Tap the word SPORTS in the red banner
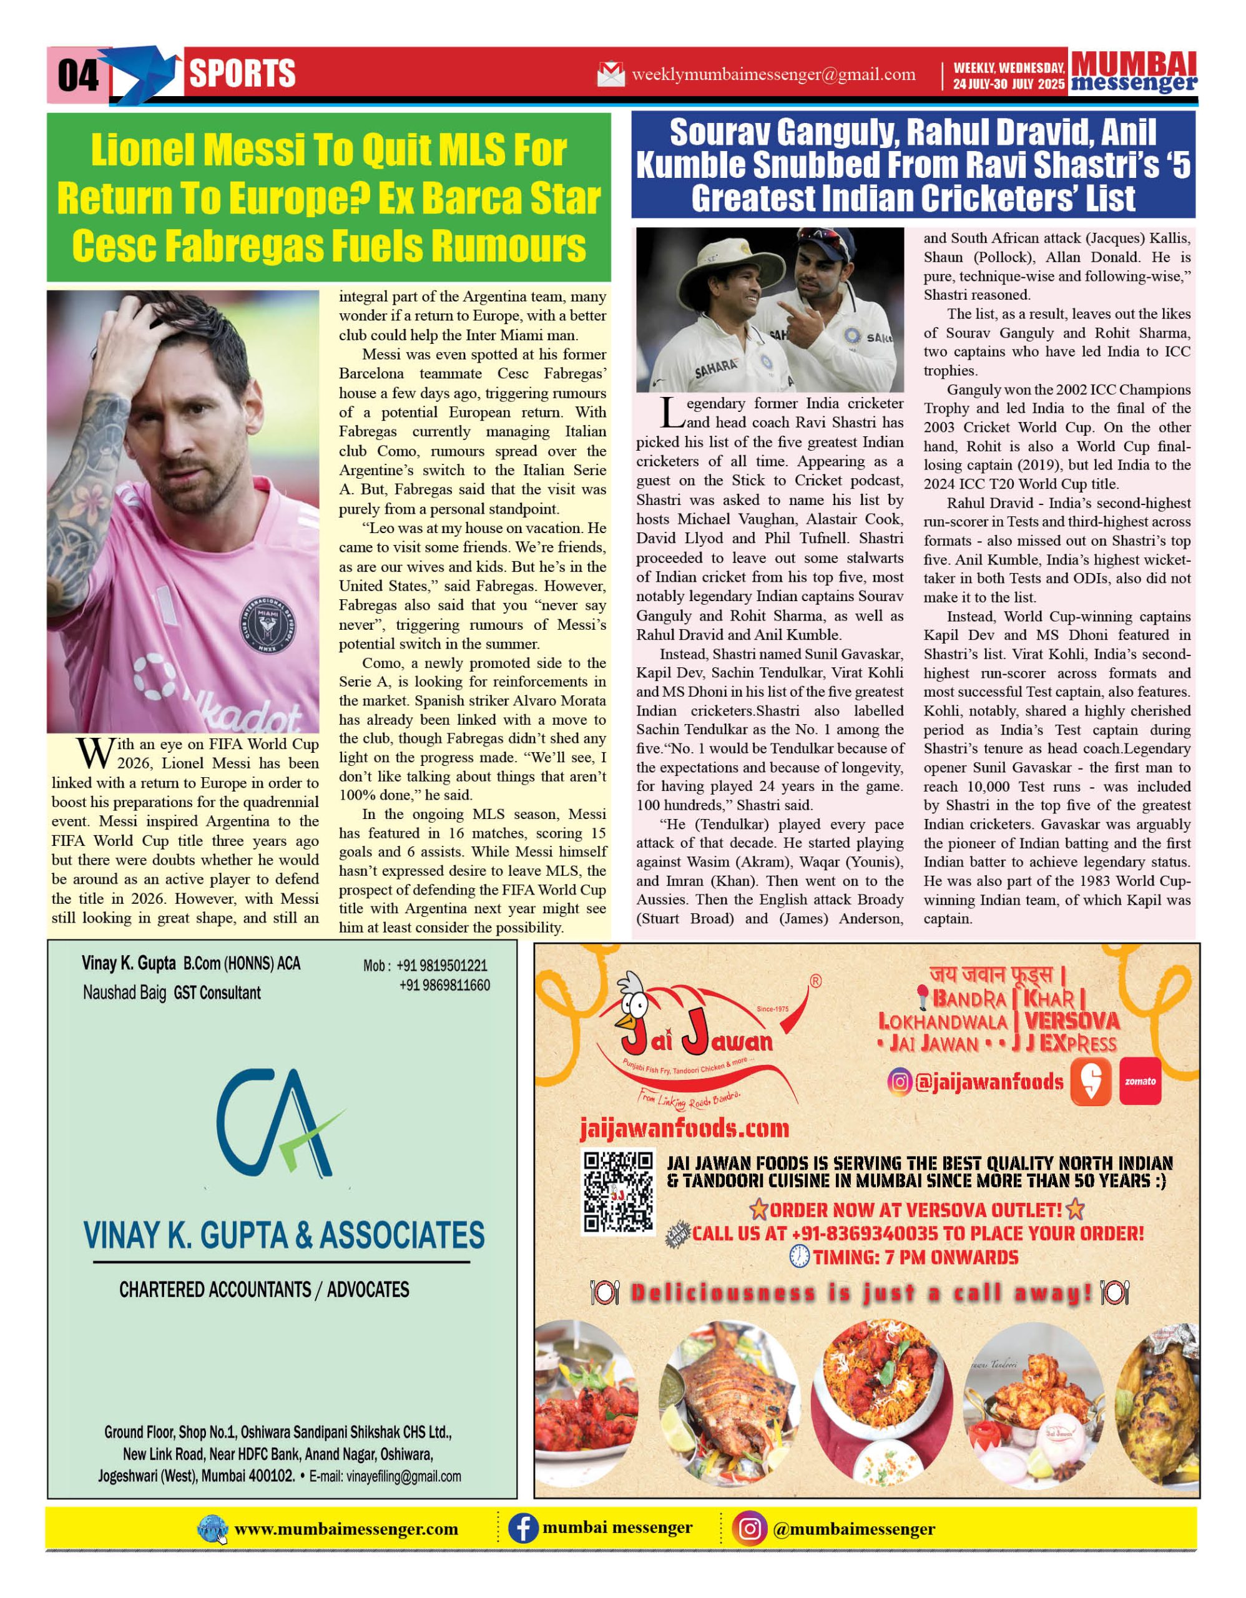click(242, 74)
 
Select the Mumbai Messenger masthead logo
click(1134, 72)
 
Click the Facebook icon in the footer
click(523, 1529)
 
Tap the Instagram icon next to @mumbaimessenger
click(749, 1529)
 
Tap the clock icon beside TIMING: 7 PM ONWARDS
click(800, 1257)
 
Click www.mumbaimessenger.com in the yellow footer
click(345, 1529)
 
